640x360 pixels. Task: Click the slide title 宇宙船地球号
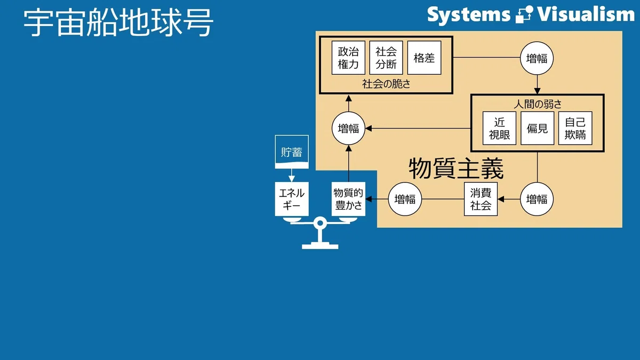point(118,22)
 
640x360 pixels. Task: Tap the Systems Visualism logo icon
point(524,14)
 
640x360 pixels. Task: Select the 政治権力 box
point(348,58)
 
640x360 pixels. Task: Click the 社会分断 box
point(386,58)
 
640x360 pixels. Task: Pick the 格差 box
point(425,58)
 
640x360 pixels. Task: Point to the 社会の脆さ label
point(386,84)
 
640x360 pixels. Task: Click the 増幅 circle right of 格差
point(537,58)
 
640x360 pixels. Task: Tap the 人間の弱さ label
point(538,104)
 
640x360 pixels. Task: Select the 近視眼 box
point(499,129)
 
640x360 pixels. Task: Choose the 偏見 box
point(538,129)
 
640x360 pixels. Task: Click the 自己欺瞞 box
point(575,129)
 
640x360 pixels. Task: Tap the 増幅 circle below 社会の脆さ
point(349,129)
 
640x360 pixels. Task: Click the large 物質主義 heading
point(456,169)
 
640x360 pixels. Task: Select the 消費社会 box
point(481,199)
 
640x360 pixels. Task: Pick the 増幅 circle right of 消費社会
point(537,199)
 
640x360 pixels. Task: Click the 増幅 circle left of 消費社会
point(405,199)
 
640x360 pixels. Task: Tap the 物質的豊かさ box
point(349,199)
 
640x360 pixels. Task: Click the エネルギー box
point(292,199)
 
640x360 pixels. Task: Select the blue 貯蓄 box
point(292,151)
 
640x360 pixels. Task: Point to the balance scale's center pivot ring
point(321,223)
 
